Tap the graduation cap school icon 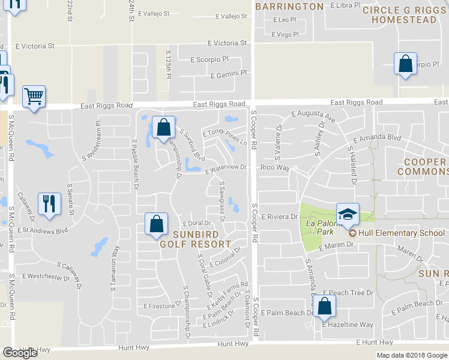pos(347,214)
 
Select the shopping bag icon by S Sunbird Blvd pos(163,127)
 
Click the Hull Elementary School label pos(400,233)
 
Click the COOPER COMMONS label pos(425,167)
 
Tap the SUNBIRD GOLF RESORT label pos(195,239)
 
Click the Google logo pos(20,353)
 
